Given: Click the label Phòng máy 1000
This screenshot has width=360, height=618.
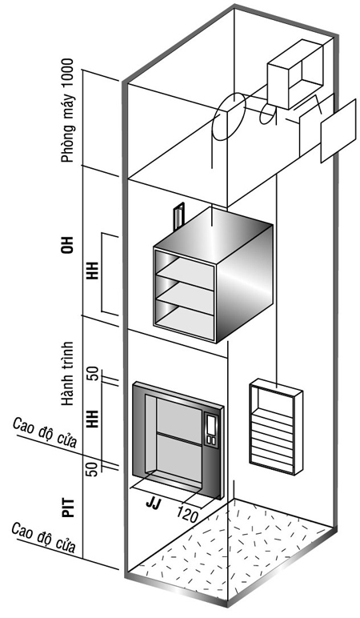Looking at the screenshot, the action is (67, 110).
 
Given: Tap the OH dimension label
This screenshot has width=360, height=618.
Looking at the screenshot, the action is (68, 245).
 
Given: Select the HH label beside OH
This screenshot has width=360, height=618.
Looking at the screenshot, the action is (92, 272).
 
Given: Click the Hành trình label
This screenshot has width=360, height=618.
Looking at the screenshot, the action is (68, 374).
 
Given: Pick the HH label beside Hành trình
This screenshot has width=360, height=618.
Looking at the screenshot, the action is (92, 419).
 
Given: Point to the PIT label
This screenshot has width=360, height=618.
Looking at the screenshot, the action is (68, 508).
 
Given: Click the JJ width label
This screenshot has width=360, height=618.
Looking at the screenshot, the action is (154, 504).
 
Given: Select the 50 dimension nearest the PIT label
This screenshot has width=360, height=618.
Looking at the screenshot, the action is (92, 469).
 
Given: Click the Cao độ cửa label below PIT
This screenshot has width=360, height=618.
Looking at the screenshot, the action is (44, 538).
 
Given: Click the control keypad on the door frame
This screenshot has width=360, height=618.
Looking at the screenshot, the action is (211, 430).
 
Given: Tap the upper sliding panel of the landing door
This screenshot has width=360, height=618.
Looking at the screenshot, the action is (180, 419).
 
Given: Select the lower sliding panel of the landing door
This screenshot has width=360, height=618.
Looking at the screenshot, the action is (180, 457).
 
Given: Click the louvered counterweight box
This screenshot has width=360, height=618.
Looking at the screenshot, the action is (276, 427).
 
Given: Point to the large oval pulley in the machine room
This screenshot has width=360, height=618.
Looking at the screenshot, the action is (230, 117).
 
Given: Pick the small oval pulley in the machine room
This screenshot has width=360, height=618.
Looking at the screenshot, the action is (268, 114).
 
